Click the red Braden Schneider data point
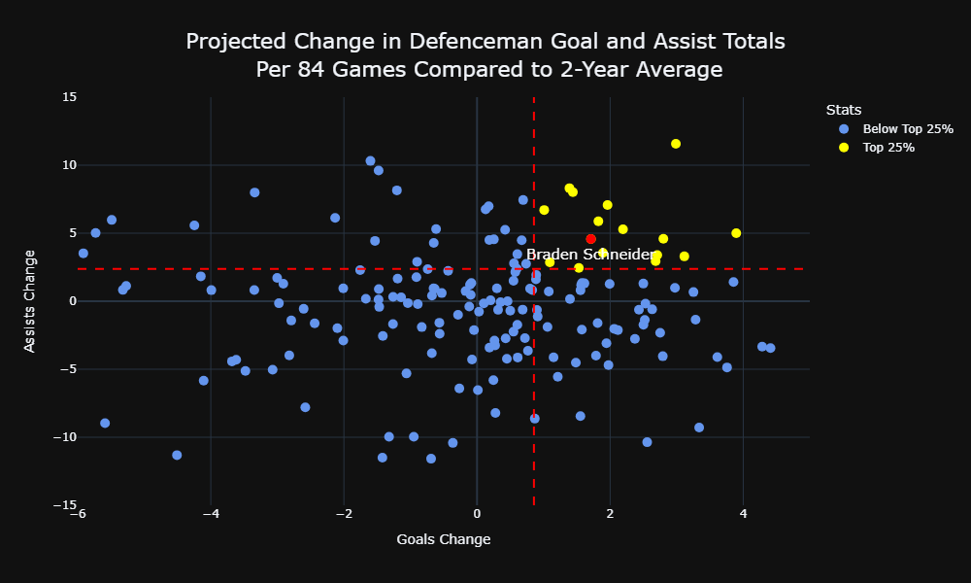(x=590, y=239)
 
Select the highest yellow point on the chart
(x=676, y=144)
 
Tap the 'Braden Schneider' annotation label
(x=590, y=255)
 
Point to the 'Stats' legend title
(x=844, y=110)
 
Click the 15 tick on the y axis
(x=69, y=97)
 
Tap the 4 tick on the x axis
(x=743, y=514)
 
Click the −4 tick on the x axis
(x=211, y=514)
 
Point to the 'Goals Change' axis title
(x=444, y=539)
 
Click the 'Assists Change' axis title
(x=30, y=302)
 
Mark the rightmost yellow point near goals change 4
(x=736, y=233)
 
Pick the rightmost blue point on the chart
(x=770, y=348)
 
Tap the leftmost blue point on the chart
(x=83, y=254)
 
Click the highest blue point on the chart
(x=370, y=161)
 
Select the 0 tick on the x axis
(x=477, y=514)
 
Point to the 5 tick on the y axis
(x=72, y=233)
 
